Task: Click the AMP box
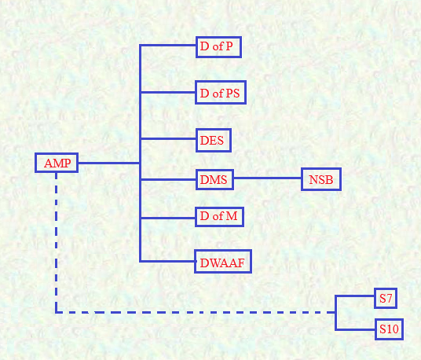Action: (x=57, y=163)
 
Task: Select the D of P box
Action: (x=218, y=47)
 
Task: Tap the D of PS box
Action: (x=221, y=93)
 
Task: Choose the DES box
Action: (x=214, y=140)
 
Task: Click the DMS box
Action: (x=214, y=179)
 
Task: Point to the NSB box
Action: (x=321, y=179)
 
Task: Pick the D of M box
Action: (x=219, y=217)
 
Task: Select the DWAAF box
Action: (x=223, y=262)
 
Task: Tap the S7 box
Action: (x=386, y=298)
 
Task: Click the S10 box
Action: (x=389, y=329)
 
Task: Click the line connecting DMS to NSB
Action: (x=267, y=178)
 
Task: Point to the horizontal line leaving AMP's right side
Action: (x=108, y=163)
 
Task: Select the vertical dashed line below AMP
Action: (x=56, y=242)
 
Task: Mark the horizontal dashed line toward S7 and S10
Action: (x=196, y=313)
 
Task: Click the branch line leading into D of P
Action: (x=168, y=46)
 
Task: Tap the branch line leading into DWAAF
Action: (x=168, y=261)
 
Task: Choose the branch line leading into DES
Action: (x=168, y=139)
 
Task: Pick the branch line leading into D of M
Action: (x=168, y=218)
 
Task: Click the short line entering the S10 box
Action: (x=355, y=329)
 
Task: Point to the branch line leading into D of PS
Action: (x=168, y=93)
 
